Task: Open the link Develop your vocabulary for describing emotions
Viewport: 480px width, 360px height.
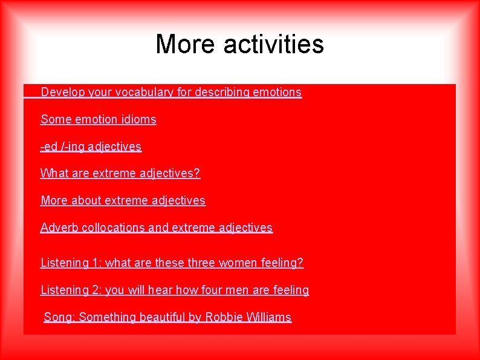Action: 170,93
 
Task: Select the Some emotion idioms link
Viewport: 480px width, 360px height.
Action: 98,120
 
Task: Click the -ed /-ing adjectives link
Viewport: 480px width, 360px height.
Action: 91,146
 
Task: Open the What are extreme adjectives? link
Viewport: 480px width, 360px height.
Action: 120,174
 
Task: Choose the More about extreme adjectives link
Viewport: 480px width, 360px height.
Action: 123,200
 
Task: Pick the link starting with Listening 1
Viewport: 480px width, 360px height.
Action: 172,263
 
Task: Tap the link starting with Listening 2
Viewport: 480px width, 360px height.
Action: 174,290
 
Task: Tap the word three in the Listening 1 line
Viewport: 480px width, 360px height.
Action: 192,263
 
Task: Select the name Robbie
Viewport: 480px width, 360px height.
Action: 224,318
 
